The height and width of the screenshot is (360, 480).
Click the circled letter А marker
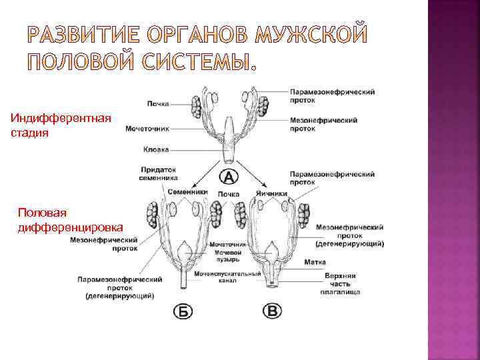pos(228,177)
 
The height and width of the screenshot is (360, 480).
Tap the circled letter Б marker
pos(183,311)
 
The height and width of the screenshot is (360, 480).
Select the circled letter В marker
pos(273,311)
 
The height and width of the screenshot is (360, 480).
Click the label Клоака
pos(155,150)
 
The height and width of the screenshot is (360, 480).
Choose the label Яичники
pos(271,193)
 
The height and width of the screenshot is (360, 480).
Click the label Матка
pos(315,263)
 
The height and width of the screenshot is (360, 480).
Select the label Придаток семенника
pos(159,173)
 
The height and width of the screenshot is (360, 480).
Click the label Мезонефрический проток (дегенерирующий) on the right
pos(349,235)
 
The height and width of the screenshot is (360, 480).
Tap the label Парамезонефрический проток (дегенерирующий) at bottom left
pos(120,287)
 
